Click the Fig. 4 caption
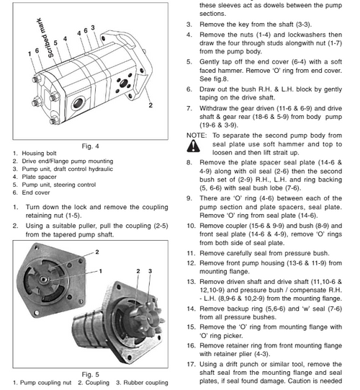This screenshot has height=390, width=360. [90, 146]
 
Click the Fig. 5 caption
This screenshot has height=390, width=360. [90, 374]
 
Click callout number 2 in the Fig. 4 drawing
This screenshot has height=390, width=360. [150, 105]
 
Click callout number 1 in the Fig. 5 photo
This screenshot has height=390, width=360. [100, 271]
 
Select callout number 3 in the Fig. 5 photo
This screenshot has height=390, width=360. [148, 271]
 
